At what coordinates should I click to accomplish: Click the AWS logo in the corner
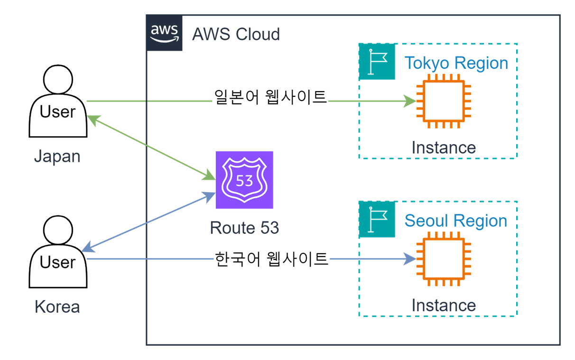164,33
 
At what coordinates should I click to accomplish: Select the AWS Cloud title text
236,34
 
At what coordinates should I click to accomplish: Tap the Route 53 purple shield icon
244,180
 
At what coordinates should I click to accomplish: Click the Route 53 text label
244,228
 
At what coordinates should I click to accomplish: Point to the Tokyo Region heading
456,63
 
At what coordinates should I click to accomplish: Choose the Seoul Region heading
455,221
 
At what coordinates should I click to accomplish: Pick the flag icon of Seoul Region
377,219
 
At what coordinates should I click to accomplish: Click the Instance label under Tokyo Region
444,148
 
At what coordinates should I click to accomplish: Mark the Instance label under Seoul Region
444,305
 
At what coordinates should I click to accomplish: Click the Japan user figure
58,102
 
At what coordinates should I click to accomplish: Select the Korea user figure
58,252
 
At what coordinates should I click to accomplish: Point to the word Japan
57,156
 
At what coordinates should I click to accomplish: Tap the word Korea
57,307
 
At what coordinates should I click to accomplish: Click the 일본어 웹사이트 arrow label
270,97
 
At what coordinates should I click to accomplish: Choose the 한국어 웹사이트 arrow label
271,259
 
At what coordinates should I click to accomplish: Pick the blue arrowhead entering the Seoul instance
410,259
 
